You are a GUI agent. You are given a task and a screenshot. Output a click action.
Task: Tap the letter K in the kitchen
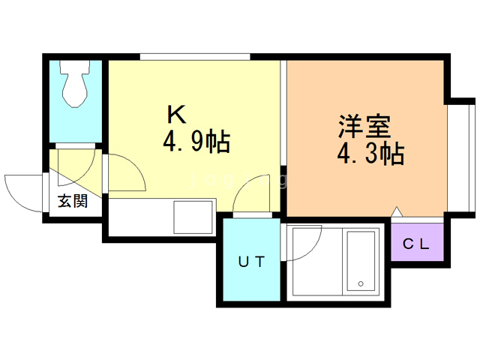(x=175, y=114)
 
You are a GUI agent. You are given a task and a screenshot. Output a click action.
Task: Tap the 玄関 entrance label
(x=73, y=200)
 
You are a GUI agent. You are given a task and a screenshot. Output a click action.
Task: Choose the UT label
(x=250, y=262)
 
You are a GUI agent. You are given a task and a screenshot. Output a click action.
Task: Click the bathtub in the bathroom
(x=361, y=262)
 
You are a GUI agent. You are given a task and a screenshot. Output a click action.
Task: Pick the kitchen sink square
(x=194, y=217)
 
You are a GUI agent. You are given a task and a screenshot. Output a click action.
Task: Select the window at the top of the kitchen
(x=194, y=55)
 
